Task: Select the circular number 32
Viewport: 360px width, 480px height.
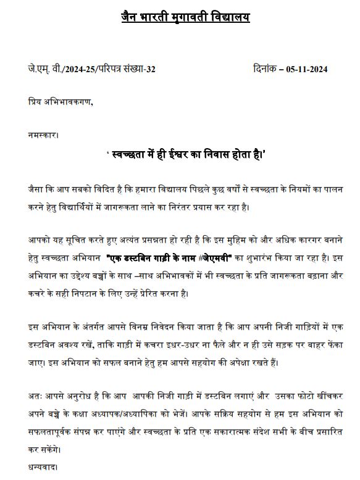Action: (149, 69)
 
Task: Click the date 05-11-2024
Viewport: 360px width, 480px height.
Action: (306, 69)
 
